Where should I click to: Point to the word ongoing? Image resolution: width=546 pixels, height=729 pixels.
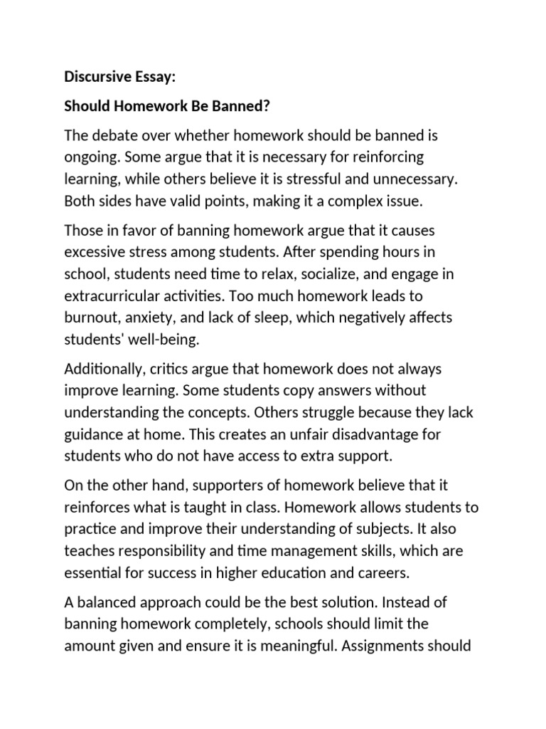click(x=91, y=157)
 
